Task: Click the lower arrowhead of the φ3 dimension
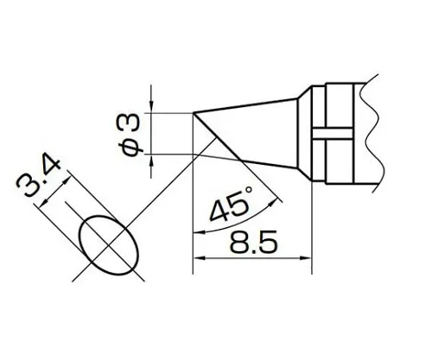coord(152,159)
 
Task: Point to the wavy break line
coord(373,130)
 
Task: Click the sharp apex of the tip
coord(192,112)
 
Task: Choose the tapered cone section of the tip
coord(259,134)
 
